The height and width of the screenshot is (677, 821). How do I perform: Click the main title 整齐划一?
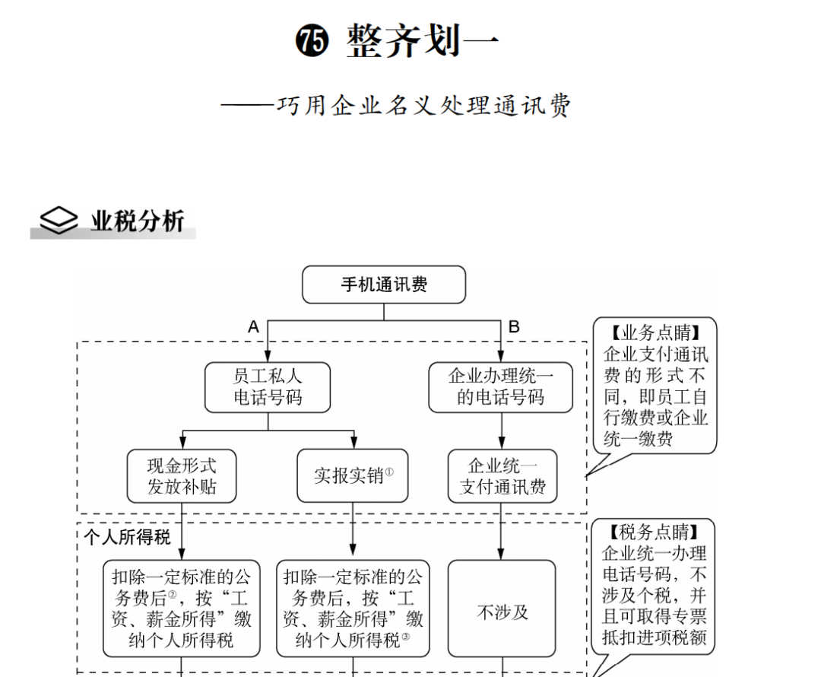coord(423,40)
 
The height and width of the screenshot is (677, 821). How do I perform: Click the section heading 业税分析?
coord(138,221)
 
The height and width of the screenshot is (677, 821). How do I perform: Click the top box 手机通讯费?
coord(384,284)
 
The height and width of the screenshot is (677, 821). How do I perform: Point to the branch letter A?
coord(254,327)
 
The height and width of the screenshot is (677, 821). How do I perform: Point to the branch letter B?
coord(514,327)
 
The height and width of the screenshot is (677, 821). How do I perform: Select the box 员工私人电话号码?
coord(268,387)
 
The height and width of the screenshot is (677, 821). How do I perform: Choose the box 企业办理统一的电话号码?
coord(500,387)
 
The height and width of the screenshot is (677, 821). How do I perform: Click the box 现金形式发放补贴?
coord(182,476)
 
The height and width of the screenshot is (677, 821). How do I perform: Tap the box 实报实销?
coord(353,476)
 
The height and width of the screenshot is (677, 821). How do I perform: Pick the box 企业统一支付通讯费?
coord(502,476)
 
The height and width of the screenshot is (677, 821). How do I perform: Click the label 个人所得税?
coord(127,537)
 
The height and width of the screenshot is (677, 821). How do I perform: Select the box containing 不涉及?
coord(502,609)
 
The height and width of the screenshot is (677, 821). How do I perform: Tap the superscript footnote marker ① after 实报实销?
coord(389,472)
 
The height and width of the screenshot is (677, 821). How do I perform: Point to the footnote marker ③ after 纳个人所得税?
coord(406,637)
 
